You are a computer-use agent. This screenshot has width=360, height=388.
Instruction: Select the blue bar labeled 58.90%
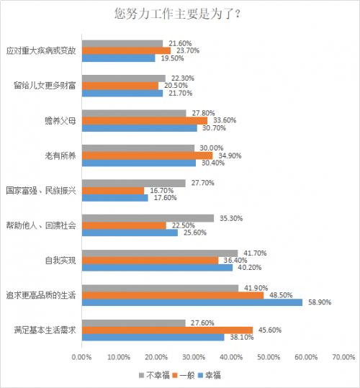[x=192, y=302]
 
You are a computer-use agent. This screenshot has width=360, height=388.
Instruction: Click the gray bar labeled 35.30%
[x=148, y=218]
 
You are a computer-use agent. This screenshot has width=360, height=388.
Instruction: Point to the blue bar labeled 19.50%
[x=118, y=58]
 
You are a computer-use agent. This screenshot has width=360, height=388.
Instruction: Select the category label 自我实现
[x=60, y=260]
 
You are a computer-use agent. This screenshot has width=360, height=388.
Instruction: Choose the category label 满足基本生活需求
[x=45, y=330]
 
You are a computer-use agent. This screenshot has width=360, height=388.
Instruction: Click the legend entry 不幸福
[x=154, y=376]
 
